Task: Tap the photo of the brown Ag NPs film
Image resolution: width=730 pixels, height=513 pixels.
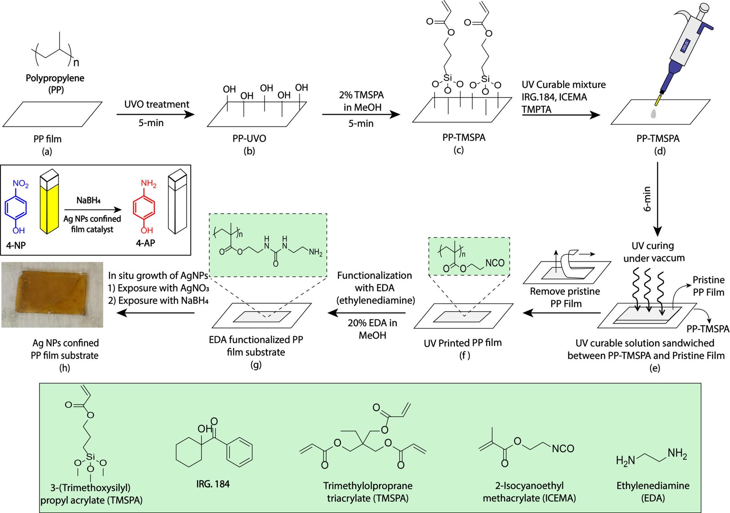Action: (x=52, y=294)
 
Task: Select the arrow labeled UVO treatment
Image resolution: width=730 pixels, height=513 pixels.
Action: (x=155, y=114)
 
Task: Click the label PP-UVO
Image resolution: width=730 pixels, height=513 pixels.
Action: (x=249, y=138)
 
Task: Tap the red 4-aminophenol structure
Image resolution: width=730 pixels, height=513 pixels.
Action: (x=144, y=207)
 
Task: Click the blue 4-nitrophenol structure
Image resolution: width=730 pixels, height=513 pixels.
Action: (x=16, y=207)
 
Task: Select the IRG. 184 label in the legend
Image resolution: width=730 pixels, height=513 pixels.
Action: (x=213, y=484)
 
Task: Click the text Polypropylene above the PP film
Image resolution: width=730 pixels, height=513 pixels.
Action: (x=55, y=78)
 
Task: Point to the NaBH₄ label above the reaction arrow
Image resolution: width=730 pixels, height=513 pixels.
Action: (x=89, y=200)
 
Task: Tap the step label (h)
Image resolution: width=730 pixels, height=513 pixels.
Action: (x=64, y=367)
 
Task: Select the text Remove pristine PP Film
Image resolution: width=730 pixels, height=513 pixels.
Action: (x=565, y=297)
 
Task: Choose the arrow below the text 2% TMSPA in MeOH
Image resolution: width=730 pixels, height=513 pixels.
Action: (x=360, y=114)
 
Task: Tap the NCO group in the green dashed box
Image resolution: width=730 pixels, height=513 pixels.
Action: (x=495, y=263)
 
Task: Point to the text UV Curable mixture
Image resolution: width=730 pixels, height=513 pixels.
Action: (x=564, y=84)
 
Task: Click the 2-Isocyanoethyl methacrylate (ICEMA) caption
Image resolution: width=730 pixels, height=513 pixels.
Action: (x=529, y=492)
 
